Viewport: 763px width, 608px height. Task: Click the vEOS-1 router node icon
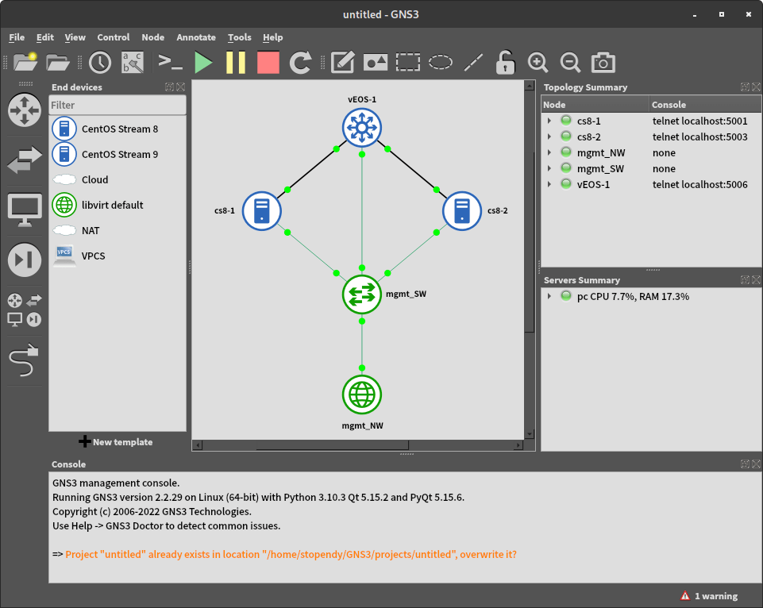(x=362, y=127)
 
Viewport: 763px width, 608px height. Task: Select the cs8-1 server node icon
(x=263, y=210)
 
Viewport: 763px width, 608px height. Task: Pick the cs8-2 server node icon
(x=462, y=210)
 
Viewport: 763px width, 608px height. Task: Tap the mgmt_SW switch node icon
(x=362, y=294)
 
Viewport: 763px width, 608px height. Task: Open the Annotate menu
(x=196, y=37)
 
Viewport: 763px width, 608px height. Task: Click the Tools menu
(x=239, y=37)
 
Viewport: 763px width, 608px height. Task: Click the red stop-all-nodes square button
(x=268, y=62)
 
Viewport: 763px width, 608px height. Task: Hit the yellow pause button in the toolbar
(x=236, y=62)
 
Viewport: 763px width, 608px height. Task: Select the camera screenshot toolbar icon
(x=603, y=62)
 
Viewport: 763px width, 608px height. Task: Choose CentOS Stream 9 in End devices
(x=119, y=154)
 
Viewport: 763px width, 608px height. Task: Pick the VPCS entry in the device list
(x=93, y=256)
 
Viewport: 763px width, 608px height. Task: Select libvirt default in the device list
(x=112, y=205)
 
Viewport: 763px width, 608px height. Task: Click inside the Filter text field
(x=118, y=105)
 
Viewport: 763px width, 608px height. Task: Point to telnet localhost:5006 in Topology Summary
(x=699, y=184)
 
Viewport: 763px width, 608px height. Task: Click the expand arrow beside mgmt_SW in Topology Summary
(x=549, y=168)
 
